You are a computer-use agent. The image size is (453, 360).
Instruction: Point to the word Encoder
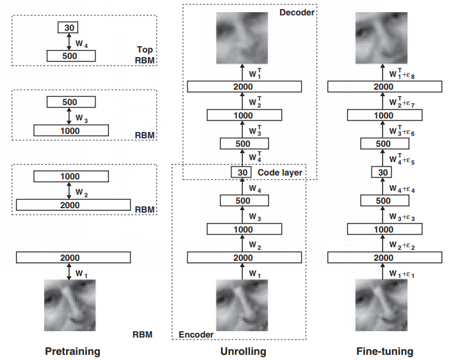click(196, 334)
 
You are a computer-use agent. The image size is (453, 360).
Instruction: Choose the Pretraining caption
click(72, 352)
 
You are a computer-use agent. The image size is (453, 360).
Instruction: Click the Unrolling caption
click(243, 352)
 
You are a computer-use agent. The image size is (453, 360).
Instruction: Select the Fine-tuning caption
click(384, 352)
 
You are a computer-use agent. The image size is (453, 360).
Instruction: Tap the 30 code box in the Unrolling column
click(242, 172)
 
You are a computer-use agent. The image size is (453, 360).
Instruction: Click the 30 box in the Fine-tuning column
click(382, 172)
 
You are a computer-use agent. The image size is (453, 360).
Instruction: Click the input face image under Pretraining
click(70, 304)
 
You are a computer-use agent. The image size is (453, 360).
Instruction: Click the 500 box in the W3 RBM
click(71, 102)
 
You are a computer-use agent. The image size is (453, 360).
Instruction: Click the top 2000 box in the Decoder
click(243, 86)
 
